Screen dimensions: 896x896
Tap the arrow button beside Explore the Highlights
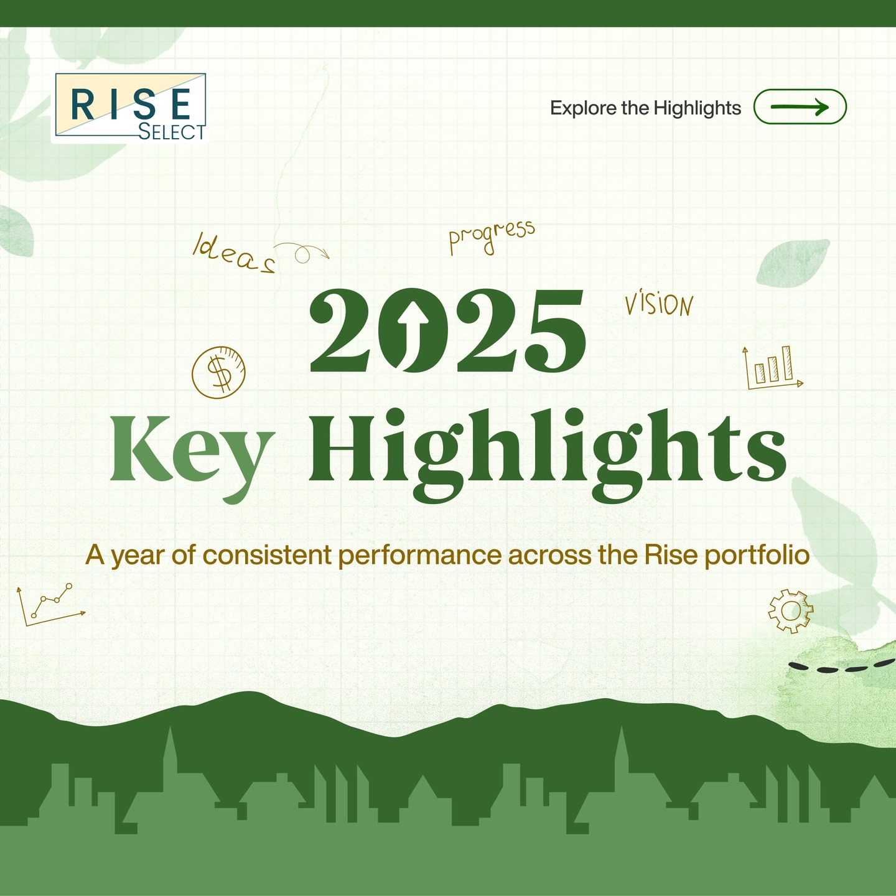(800, 107)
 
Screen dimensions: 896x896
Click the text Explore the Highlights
(645, 108)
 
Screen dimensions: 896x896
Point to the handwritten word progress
(492, 236)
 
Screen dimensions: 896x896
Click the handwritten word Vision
(659, 304)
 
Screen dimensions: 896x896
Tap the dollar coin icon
(218, 372)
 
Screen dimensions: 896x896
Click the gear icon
(790, 611)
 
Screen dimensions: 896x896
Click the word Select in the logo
(172, 132)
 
